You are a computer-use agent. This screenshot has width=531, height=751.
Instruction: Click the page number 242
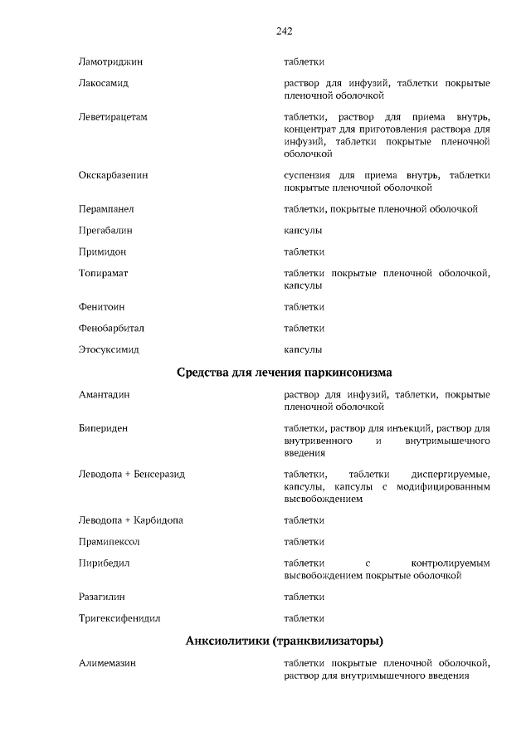284,32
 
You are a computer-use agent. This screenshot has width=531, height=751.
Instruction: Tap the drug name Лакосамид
104,84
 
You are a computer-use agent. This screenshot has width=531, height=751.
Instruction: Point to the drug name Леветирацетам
113,117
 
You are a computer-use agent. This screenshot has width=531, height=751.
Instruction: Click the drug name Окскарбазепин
114,176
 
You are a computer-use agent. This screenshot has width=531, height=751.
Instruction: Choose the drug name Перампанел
106,209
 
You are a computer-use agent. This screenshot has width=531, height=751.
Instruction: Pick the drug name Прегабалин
105,231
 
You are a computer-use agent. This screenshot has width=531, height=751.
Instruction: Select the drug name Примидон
103,252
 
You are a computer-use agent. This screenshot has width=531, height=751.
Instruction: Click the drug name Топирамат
104,273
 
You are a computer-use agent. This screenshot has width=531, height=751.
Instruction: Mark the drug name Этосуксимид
108,350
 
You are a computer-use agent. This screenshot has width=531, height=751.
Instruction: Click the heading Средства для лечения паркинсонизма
284,372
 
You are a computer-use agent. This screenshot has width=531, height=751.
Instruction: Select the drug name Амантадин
105,395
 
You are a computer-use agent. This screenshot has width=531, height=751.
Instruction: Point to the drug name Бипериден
104,428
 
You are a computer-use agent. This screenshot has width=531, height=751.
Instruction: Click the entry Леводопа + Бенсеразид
132,475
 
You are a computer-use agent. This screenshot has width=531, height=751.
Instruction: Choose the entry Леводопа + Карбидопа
131,520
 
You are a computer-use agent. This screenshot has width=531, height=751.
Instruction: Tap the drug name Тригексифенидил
119,618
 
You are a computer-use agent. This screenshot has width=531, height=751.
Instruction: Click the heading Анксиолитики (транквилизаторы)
284,641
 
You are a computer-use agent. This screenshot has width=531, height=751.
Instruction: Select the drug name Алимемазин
107,664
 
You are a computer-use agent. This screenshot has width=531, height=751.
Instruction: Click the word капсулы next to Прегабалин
303,231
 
